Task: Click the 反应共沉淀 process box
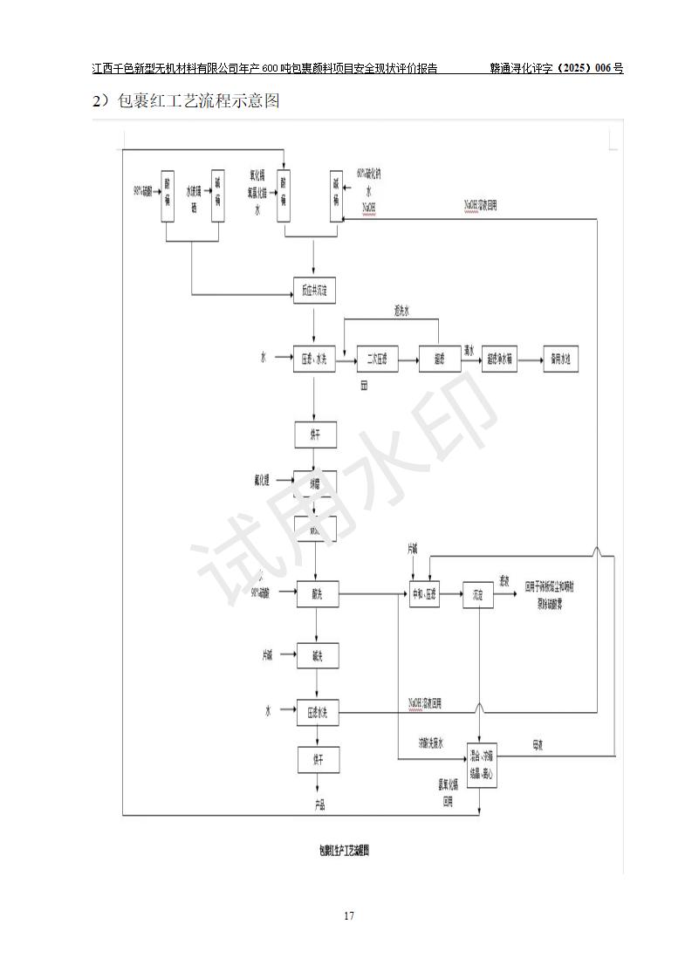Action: pyautogui.click(x=314, y=291)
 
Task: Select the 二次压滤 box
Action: pyautogui.click(x=377, y=359)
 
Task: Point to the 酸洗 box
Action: pyautogui.click(x=316, y=594)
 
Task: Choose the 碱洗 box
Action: pyautogui.click(x=316, y=654)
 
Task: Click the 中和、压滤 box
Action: pyautogui.click(x=425, y=594)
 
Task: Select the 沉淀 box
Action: pyautogui.click(x=477, y=594)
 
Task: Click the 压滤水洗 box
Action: pyautogui.click(x=316, y=712)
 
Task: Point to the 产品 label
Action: pyautogui.click(x=319, y=804)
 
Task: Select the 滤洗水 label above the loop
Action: pyautogui.click(x=402, y=311)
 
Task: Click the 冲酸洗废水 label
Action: pyautogui.click(x=430, y=743)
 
